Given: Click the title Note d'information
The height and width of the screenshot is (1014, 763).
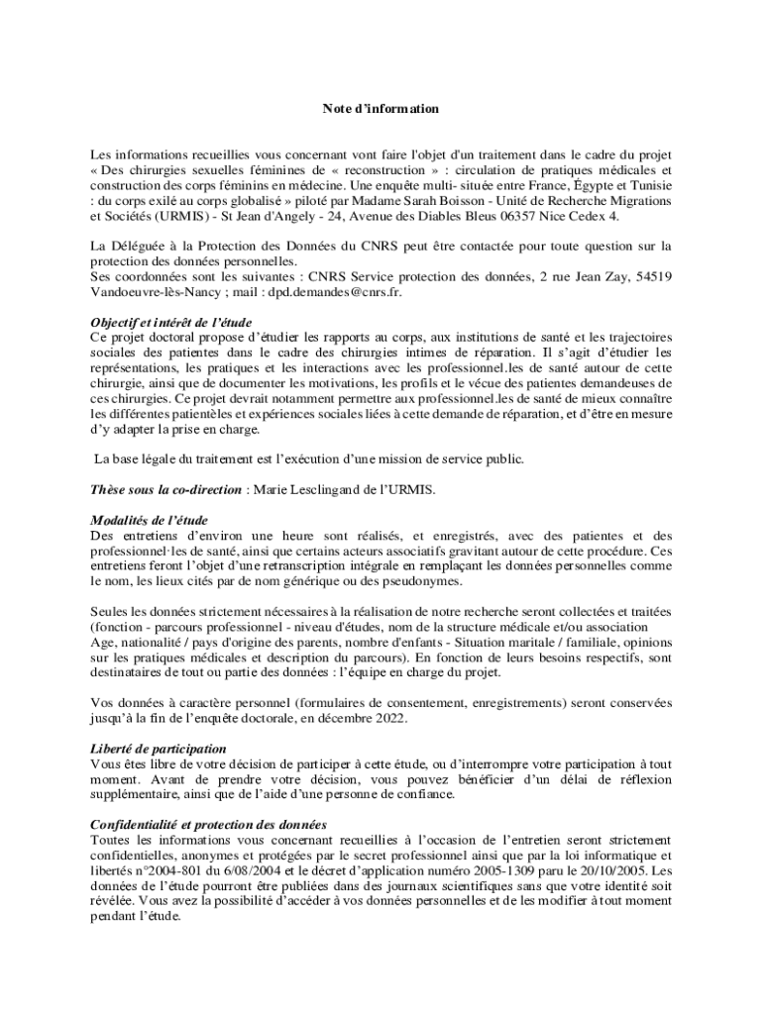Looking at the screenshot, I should [x=381, y=108].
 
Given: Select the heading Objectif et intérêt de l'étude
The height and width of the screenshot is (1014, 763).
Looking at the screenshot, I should [x=171, y=323].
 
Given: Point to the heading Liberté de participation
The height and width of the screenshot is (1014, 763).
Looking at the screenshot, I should [x=159, y=749].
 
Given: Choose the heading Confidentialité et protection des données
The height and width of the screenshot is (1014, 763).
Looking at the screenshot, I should [x=208, y=825].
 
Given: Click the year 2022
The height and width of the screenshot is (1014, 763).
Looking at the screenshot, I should [x=385, y=718].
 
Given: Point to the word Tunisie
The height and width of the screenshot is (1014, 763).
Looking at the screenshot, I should [x=648, y=185].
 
